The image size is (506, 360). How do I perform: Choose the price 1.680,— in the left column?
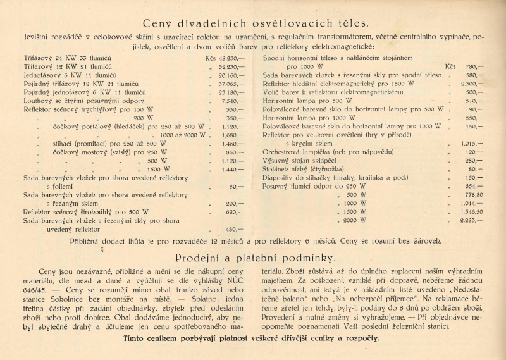tap(231, 135)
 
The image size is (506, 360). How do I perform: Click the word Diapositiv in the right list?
tap(280, 178)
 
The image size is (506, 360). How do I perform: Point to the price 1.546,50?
tap(472, 212)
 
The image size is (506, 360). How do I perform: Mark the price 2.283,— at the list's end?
tap(472, 221)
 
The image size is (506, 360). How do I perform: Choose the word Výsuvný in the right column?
tap(278, 161)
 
